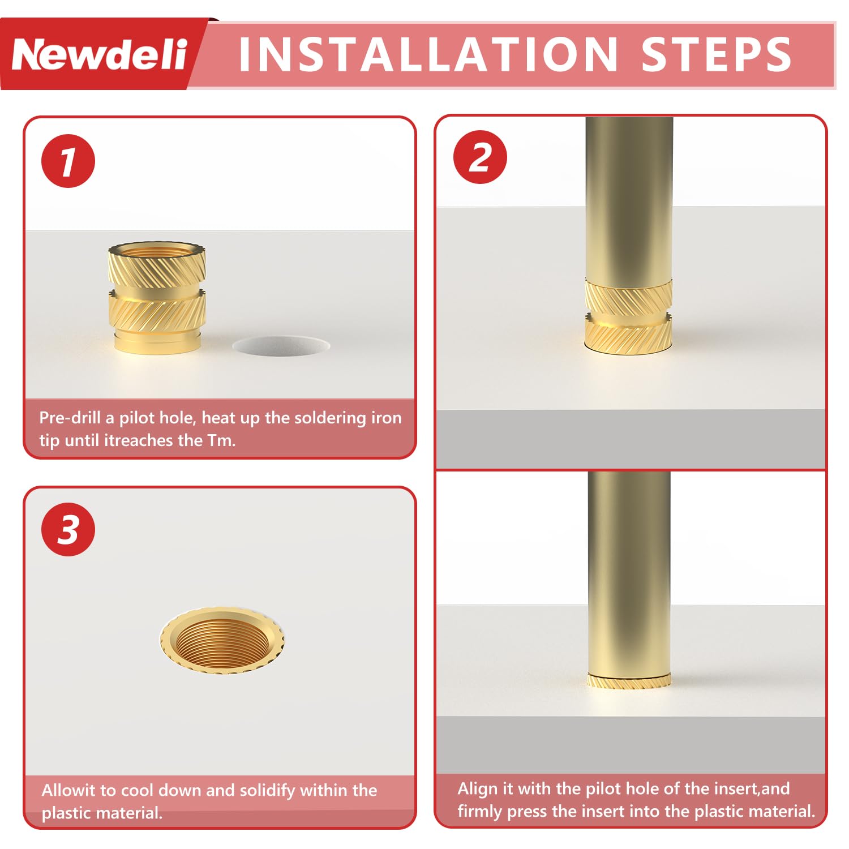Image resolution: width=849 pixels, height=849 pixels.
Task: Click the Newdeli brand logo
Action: tap(99, 55)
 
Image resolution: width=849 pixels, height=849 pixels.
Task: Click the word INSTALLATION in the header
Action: tap(428, 55)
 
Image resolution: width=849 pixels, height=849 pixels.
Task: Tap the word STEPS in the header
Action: tap(716, 55)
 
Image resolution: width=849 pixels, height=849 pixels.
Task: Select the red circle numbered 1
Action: tap(68, 161)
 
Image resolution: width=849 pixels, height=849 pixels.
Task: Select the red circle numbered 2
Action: tap(480, 157)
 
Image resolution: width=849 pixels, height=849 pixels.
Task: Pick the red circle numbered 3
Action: tap(68, 530)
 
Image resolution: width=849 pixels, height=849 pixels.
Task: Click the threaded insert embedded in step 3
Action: tap(222, 640)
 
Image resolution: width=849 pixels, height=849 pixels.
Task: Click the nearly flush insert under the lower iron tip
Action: tap(629, 681)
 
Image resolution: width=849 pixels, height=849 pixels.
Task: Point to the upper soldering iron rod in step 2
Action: tap(629, 198)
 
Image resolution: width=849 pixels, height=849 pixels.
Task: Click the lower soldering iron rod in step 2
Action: tap(629, 572)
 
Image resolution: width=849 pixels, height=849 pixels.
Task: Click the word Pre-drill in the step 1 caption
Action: tap(70, 418)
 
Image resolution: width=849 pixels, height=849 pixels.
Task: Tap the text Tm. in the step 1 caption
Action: tap(221, 440)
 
